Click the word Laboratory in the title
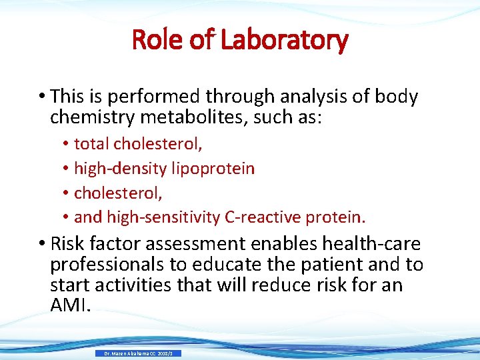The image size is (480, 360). (285, 40)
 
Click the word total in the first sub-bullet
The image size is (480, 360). (92, 143)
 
